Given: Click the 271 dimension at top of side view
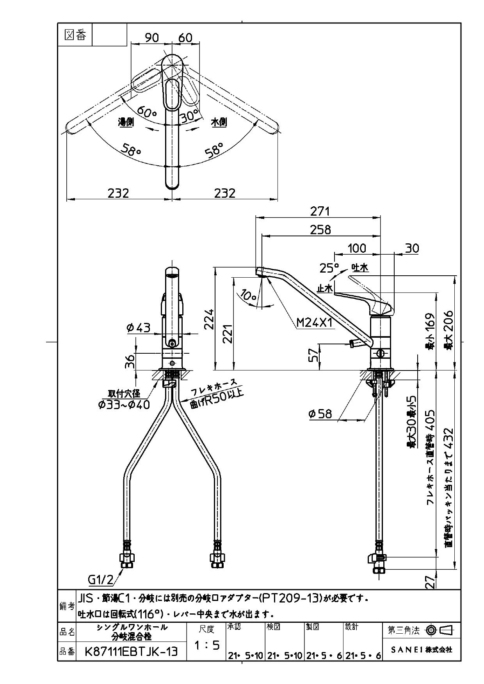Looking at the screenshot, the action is click(x=320, y=211).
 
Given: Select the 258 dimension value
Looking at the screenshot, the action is click(x=320, y=230).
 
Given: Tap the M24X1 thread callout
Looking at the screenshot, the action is click(x=314, y=323).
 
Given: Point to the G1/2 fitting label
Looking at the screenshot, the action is click(x=100, y=580).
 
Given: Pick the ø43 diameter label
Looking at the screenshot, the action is click(x=139, y=328).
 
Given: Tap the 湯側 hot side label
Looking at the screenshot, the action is click(x=126, y=122).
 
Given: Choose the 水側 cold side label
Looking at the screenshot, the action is click(x=219, y=122).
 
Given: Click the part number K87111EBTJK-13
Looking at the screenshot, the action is click(x=131, y=651).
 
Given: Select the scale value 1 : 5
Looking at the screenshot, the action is click(x=206, y=646).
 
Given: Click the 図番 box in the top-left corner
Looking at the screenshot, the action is click(x=75, y=35).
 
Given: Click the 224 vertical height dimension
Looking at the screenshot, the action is click(x=210, y=319).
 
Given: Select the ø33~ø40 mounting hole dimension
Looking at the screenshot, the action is click(x=124, y=405).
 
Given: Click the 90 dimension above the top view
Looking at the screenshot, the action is click(x=152, y=37).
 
